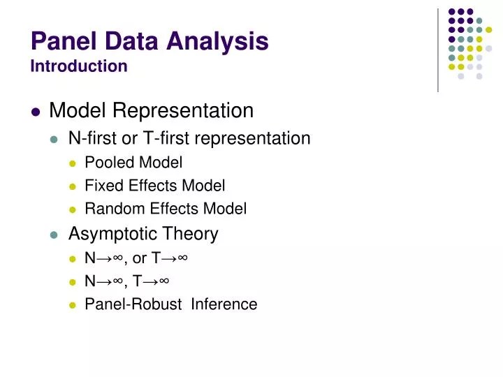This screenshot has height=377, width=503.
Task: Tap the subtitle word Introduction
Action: click(79, 66)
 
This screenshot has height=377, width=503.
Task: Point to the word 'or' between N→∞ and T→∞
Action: click(139, 258)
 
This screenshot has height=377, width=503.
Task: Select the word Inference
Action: click(224, 304)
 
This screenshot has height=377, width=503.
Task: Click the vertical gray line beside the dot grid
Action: click(438, 49)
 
